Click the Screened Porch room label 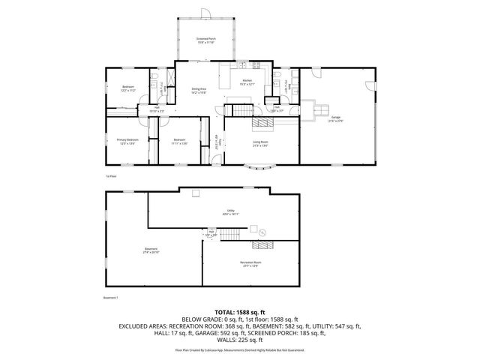[205, 40]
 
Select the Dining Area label [199, 90]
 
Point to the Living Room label [260, 143]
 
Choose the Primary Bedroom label [127, 141]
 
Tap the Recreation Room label [250, 263]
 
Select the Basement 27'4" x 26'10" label [151, 251]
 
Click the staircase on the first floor [239, 112]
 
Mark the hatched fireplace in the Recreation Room [262, 244]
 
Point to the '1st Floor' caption [110, 175]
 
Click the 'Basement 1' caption [110, 298]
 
